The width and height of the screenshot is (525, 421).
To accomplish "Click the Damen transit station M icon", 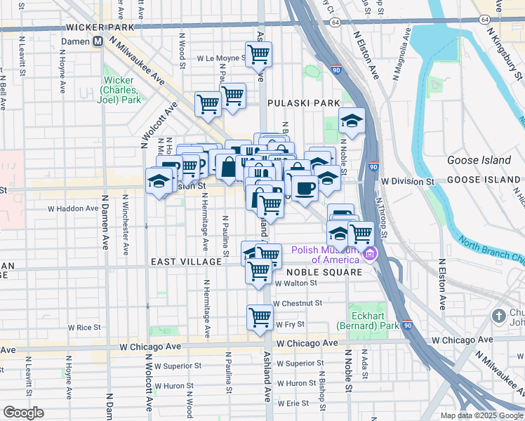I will pyautogui.click(x=98, y=41).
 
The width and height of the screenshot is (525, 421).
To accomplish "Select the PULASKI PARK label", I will pyautogui.click(x=307, y=103).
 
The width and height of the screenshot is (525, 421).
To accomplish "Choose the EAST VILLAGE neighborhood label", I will pyautogui.click(x=186, y=261).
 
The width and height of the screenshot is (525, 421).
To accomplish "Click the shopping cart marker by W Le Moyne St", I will pyautogui.click(x=258, y=53).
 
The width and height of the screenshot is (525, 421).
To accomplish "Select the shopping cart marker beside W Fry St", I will pyautogui.click(x=260, y=317).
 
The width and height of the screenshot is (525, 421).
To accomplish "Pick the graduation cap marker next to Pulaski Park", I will pyautogui.click(x=352, y=121).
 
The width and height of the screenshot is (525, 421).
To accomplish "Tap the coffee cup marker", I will pyautogui.click(x=305, y=188).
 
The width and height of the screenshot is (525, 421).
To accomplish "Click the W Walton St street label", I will pyautogui.click(x=298, y=284).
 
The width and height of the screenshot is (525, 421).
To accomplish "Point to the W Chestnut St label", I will pyautogui.click(x=298, y=303).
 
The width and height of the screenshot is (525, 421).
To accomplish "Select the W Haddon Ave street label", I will pyautogui.click(x=73, y=208).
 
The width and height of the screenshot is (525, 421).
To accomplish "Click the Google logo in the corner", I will pyautogui.click(x=24, y=412).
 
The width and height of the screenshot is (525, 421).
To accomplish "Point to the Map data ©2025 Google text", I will pyautogui.click(x=482, y=415).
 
